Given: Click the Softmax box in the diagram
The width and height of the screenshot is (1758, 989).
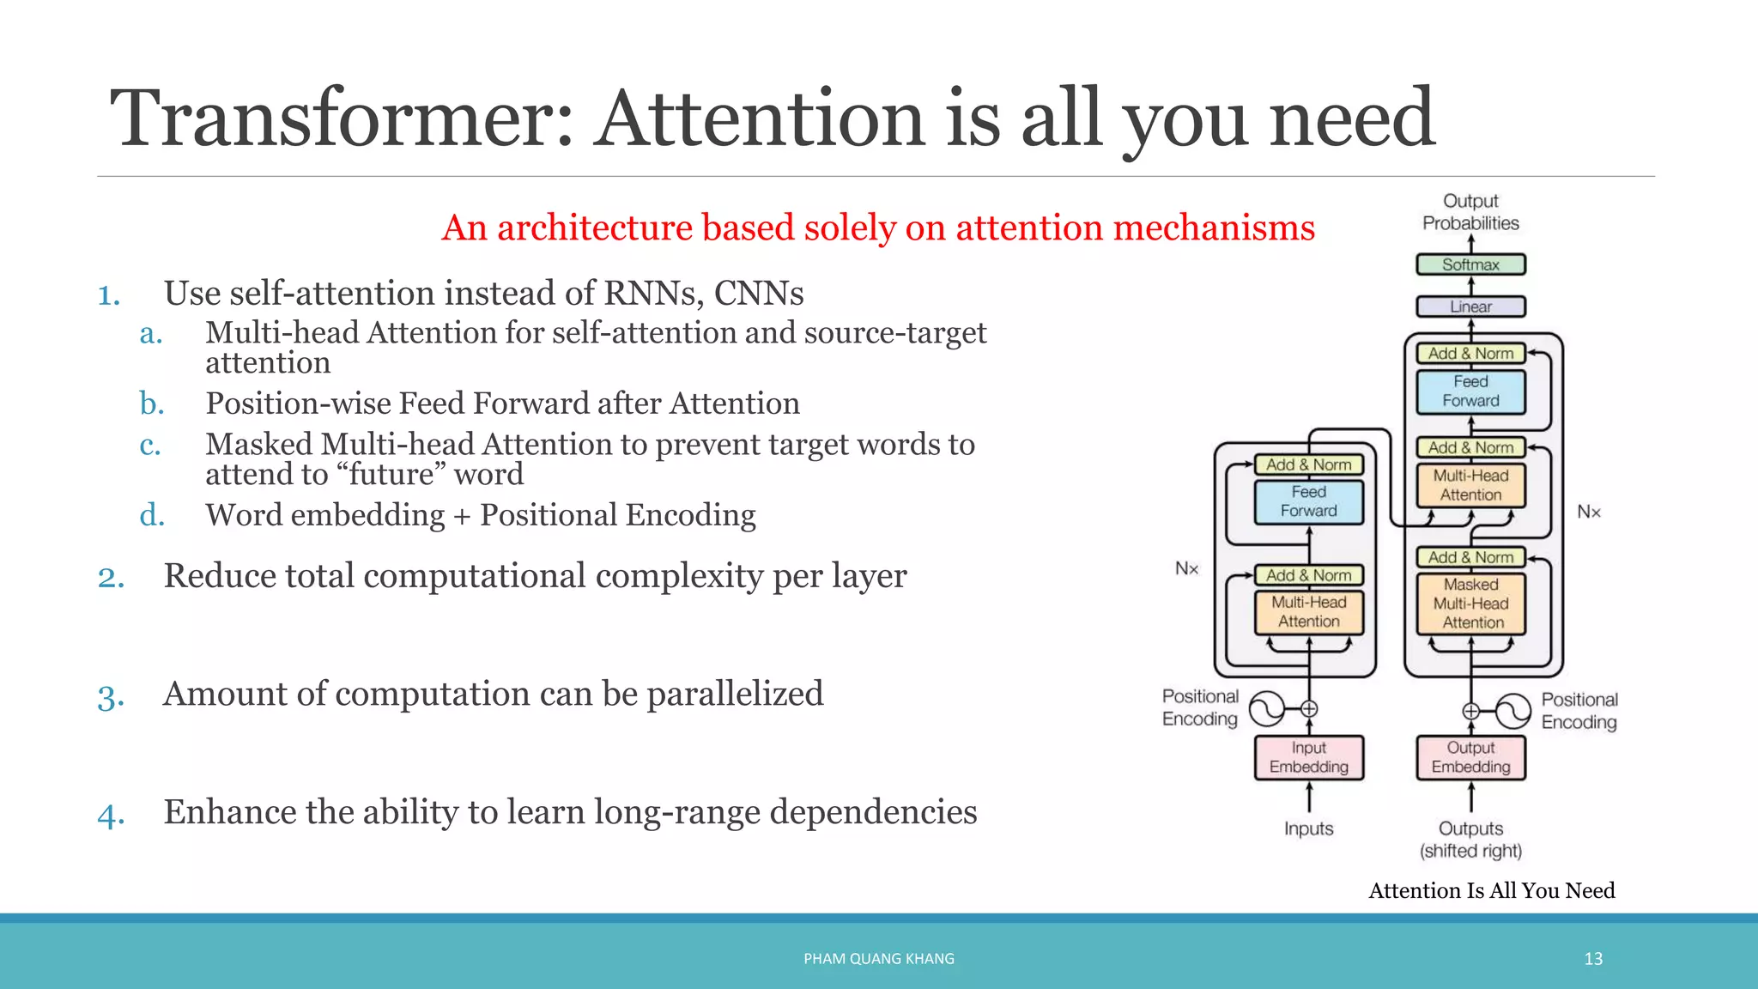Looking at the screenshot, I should pos(1470,264).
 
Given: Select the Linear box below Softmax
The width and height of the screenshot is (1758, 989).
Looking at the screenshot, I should pos(1470,306).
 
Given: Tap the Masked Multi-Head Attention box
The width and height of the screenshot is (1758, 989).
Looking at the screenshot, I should pos(1471,604).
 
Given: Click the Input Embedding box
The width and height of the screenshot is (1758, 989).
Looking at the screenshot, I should pos(1308,757).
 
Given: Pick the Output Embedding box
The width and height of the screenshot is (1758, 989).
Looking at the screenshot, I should pos(1470,757).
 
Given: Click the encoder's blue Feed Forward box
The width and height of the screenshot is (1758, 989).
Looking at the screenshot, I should pos(1308,501).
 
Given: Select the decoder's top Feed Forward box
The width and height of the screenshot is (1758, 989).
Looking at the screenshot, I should pos(1470,391).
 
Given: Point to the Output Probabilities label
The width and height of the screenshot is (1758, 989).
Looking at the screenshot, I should pos(1470,212).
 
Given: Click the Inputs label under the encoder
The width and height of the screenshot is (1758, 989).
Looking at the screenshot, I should pos(1308,828).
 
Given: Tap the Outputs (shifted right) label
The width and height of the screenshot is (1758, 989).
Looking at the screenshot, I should pos(1470,840).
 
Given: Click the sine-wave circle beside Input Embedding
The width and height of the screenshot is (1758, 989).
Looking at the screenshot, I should pos(1266,708).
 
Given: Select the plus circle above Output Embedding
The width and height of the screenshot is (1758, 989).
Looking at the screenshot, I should pos(1470,711).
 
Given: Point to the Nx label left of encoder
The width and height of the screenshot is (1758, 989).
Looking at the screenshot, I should pos(1186,568).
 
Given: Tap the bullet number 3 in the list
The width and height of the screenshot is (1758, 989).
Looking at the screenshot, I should pos(111,696).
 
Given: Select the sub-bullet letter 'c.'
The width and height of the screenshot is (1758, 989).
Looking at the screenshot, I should pos(150,445).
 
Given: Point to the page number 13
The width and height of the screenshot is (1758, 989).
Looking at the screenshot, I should pos(1593,958).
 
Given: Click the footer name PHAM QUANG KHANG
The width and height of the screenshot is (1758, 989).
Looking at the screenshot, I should pos(878,958).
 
